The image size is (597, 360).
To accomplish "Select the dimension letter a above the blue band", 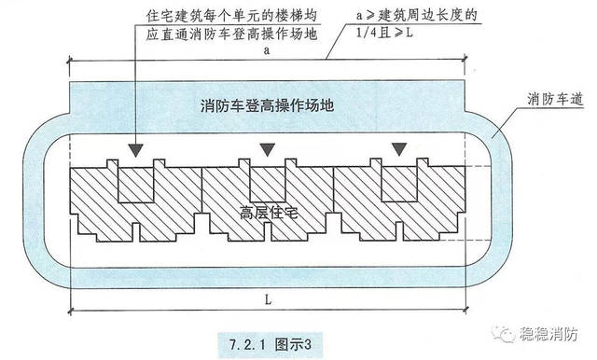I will [x=267, y=52].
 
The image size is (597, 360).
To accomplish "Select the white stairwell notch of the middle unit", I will [x=267, y=183].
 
